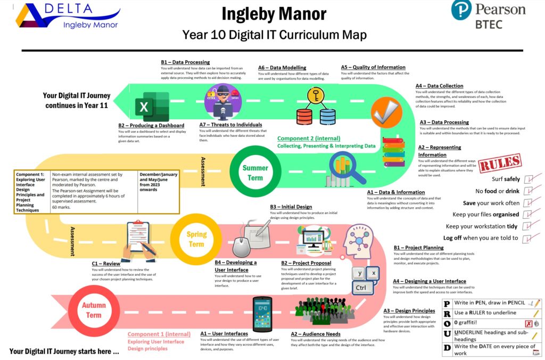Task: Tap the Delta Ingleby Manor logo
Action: (68, 16)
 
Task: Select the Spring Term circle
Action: (196, 239)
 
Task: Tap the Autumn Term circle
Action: (94, 310)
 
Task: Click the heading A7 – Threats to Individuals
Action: (230, 125)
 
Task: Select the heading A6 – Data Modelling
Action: (282, 68)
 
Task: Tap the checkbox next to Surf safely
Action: (529, 179)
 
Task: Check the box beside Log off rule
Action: (529, 238)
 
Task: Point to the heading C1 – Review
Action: (106, 263)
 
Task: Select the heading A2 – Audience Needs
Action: (315, 334)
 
